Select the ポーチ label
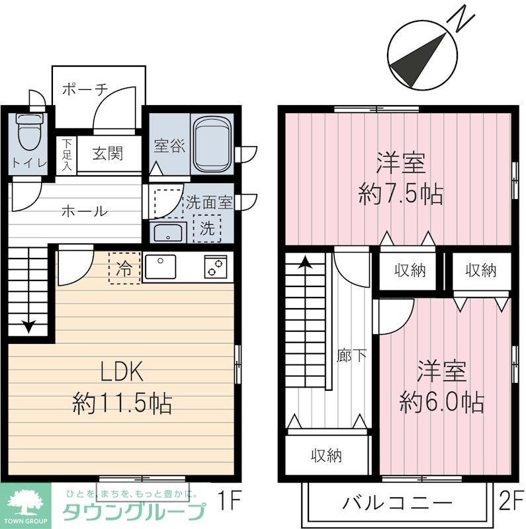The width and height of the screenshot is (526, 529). point(85,91)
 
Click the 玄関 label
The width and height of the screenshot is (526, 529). point(107,155)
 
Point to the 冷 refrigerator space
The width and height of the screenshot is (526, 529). point(124,268)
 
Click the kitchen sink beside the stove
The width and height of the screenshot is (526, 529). point(163,267)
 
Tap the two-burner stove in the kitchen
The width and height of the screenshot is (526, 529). point(215,267)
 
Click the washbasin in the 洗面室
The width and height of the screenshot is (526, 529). point(169,232)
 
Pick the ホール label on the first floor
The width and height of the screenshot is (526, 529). point(84,212)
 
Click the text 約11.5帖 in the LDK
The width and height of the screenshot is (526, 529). point(122,402)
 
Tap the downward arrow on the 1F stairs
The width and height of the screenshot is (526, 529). point(30,325)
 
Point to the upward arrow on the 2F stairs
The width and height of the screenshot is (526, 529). point(305,263)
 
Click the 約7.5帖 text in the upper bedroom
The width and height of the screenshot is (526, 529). point(400,194)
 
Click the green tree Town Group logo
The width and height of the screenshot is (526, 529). point(25,503)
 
